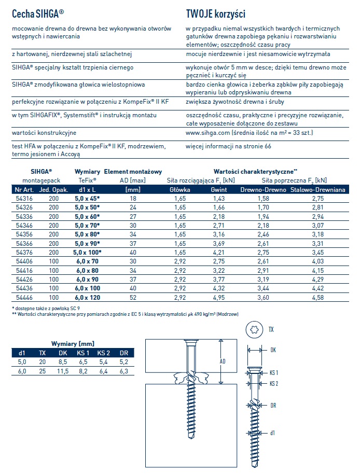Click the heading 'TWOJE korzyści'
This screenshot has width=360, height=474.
tap(215, 13)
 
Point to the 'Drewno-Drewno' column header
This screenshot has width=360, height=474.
tap(263, 190)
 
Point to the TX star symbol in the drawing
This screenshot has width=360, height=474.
tap(254, 329)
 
